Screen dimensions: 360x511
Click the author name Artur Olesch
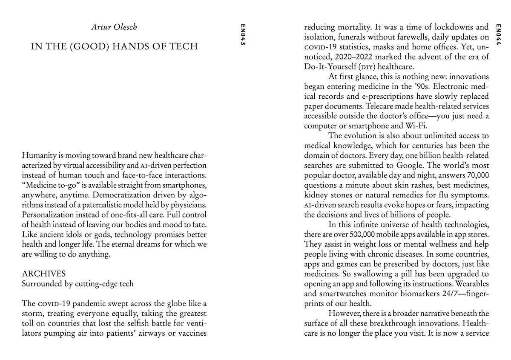click(114, 28)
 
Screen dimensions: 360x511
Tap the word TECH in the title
click(182, 46)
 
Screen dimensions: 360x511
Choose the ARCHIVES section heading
click(44, 273)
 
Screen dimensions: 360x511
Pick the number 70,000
click(474, 175)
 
